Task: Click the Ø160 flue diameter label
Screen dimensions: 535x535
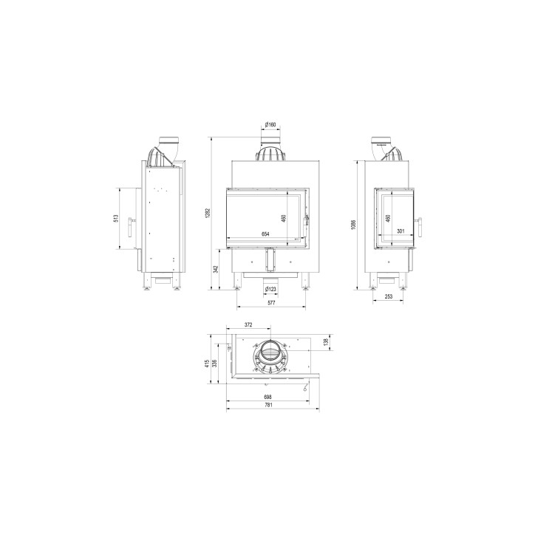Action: [270, 125]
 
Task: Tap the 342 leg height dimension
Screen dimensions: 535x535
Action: [215, 269]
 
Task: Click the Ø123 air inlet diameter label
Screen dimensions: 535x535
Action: [270, 289]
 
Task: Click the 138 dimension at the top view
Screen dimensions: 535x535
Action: [326, 342]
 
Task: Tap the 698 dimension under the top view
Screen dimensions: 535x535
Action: [267, 396]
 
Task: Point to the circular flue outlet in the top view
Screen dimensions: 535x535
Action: [270, 358]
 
